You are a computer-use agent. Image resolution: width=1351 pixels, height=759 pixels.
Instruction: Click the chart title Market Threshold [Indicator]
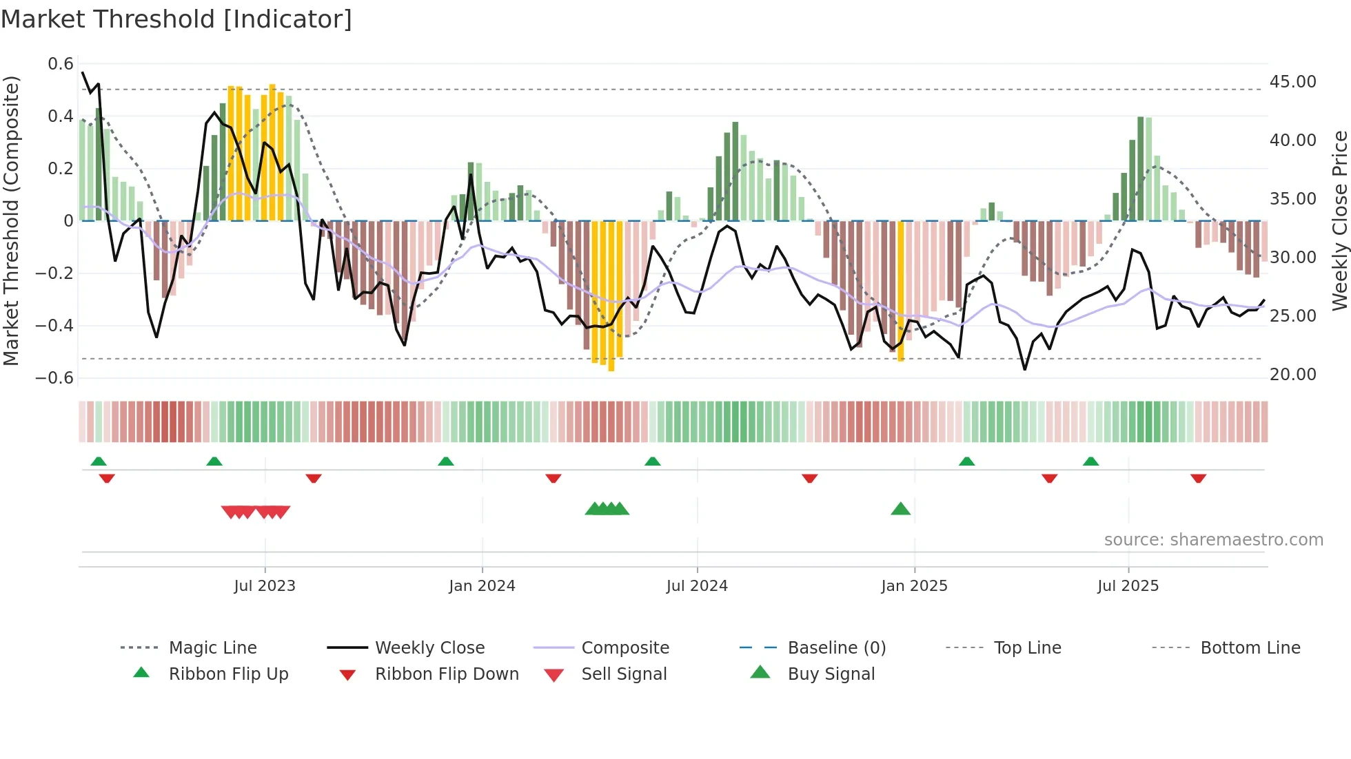(x=176, y=19)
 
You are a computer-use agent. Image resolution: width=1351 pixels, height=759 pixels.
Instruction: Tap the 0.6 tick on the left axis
(x=61, y=64)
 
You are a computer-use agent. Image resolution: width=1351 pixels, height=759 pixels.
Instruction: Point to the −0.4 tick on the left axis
(x=55, y=325)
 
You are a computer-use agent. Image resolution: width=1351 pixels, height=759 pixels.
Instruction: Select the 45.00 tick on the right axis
(x=1292, y=82)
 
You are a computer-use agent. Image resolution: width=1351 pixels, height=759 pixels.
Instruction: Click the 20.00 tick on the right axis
(x=1292, y=375)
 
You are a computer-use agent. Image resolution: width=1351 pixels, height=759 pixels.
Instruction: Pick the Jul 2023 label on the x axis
(x=265, y=586)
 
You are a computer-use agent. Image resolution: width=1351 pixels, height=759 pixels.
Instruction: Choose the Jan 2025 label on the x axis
(x=914, y=586)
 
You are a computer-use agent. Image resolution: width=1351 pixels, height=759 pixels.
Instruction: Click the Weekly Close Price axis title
(x=1339, y=220)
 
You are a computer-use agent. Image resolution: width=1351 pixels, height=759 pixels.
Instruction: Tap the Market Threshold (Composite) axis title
(x=11, y=220)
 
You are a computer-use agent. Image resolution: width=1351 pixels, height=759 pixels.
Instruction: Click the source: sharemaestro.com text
(x=1213, y=540)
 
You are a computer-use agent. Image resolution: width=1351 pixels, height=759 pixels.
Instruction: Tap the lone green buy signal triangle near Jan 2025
(x=900, y=510)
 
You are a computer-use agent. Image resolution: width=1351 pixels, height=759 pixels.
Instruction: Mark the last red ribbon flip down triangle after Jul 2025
(x=1198, y=478)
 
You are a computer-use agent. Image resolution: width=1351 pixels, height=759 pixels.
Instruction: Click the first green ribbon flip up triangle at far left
(x=99, y=461)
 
